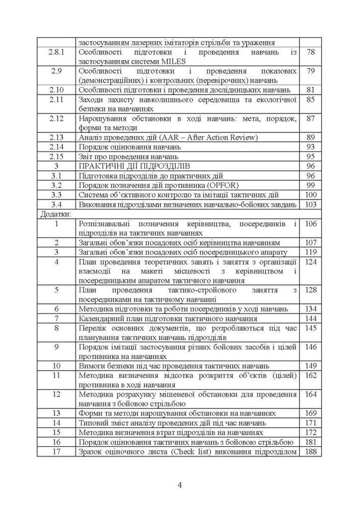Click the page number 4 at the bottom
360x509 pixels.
pyautogui.click(x=180, y=485)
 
